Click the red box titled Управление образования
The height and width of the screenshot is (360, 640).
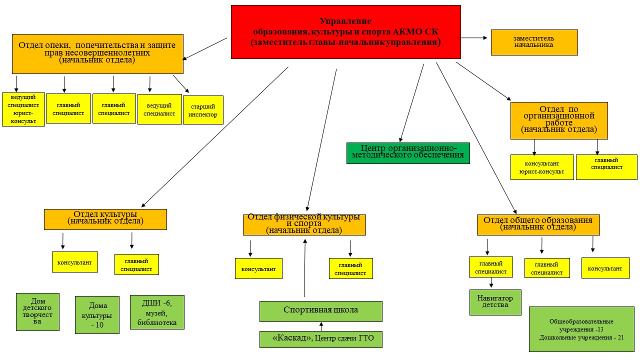[345, 32]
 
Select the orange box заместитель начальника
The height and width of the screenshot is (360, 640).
[534, 42]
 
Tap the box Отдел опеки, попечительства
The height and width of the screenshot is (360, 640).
[97, 53]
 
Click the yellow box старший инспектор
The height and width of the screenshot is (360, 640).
[203, 110]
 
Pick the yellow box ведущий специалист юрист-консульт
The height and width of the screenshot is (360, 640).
[23, 109]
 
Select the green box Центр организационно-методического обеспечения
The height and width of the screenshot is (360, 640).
[408, 153]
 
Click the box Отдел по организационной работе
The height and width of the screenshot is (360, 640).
[559, 120]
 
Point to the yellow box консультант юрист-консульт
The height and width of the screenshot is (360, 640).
[541, 167]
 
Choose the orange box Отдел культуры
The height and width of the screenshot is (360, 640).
[105, 219]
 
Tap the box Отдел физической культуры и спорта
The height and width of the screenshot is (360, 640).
[304, 224]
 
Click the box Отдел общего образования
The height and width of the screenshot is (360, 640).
[538, 224]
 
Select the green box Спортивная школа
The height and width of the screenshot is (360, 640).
[320, 311]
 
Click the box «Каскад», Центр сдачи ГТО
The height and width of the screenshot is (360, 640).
[320, 339]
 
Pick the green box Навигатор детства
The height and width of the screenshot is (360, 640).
[495, 302]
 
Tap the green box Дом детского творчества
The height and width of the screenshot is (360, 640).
[37, 311]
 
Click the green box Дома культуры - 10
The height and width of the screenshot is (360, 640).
[97, 314]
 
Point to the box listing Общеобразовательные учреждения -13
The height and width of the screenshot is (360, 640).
[581, 329]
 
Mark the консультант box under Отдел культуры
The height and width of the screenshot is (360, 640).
[74, 262]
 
